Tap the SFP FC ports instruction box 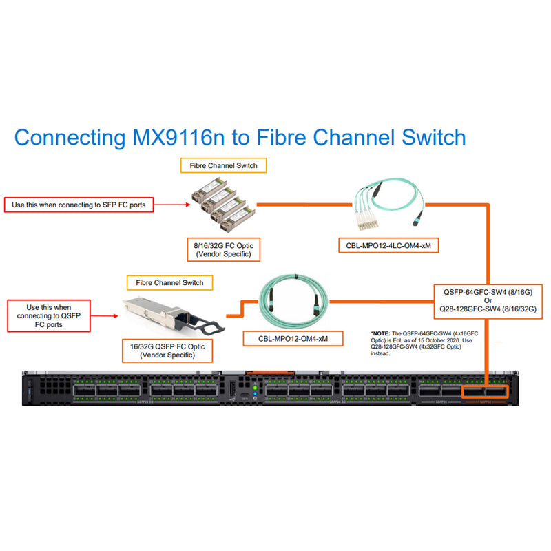(x=79, y=205)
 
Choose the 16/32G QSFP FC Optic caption (x=167, y=350)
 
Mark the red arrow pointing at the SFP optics (x=171, y=204)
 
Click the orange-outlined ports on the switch (x=485, y=392)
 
